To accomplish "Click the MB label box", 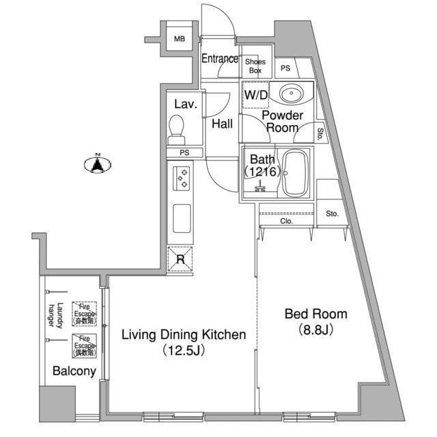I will [179, 39].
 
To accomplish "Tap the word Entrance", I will [219, 59].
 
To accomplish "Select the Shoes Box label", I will [255, 66].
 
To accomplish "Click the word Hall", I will [222, 124].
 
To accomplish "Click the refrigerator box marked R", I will [180, 259].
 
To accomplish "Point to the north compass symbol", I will [98, 164].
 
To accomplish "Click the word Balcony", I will [74, 371].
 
